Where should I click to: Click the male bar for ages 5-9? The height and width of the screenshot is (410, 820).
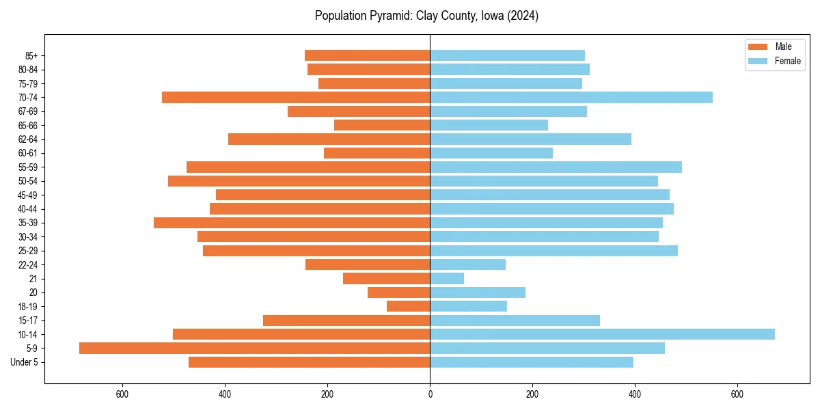(254, 348)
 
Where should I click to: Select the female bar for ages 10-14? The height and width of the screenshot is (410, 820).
(602, 334)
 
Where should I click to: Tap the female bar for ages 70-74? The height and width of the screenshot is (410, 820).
(571, 97)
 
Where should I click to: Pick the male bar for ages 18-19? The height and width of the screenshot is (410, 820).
(409, 306)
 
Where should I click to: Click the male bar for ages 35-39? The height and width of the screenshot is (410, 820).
(292, 222)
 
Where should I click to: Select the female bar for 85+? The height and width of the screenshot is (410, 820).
(507, 55)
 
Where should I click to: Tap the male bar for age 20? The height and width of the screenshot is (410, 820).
(399, 292)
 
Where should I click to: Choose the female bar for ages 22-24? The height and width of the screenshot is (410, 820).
(467, 264)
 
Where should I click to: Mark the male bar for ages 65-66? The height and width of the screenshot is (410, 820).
(382, 125)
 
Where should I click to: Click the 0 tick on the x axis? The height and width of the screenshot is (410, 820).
(430, 394)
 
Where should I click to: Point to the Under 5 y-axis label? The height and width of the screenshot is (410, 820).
(24, 362)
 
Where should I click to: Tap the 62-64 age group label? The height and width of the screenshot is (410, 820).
(28, 139)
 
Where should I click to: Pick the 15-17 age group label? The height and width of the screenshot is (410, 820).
(28, 320)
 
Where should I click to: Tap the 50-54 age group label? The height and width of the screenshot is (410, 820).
(28, 181)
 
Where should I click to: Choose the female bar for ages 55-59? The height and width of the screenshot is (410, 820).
(556, 167)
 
